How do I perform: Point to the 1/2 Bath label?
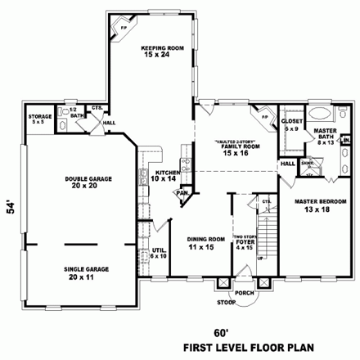(79, 114)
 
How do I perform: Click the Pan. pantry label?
(182, 193)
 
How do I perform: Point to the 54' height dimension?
(11, 209)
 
